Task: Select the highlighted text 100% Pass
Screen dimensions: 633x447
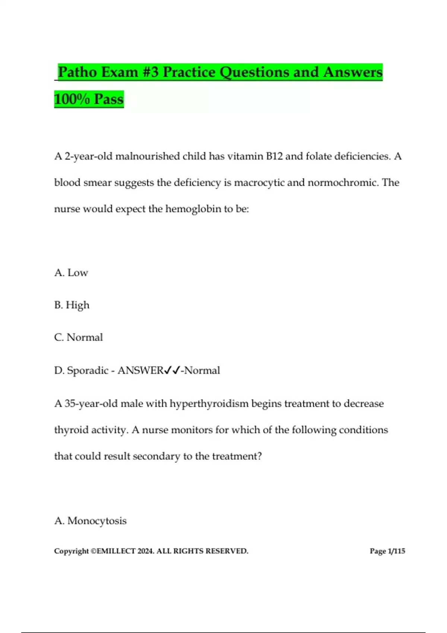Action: click(89, 99)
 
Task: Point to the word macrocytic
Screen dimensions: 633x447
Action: click(260, 182)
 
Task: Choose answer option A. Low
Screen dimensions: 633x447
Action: click(71, 273)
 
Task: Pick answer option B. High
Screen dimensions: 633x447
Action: click(72, 305)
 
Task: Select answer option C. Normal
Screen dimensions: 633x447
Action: click(78, 337)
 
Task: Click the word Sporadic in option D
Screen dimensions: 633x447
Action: click(88, 370)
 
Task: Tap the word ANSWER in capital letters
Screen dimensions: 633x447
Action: click(140, 370)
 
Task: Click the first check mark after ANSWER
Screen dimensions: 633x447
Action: click(168, 370)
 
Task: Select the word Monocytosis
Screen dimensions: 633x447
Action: click(97, 521)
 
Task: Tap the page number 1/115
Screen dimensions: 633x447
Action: click(396, 551)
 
